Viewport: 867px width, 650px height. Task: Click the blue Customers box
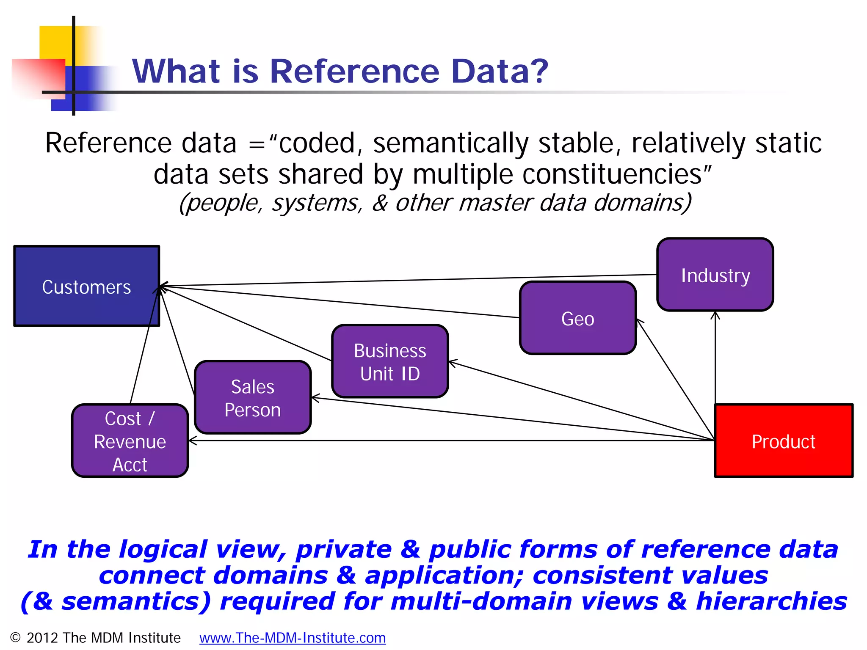[87, 286]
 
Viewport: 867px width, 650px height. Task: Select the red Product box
[784, 441]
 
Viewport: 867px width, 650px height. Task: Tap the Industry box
[715, 275]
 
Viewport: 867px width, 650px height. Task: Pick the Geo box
[578, 318]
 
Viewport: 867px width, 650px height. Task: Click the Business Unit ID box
[390, 361]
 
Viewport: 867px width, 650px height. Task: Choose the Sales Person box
[253, 398]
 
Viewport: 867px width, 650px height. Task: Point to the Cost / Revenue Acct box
[130, 441]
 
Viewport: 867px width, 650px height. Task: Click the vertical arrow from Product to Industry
[715, 360]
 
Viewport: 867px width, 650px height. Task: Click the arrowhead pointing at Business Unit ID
[452, 363]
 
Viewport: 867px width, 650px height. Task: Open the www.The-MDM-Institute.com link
[293, 638]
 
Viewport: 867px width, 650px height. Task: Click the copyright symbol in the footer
[15, 637]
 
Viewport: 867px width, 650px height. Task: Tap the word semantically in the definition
[451, 143]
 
